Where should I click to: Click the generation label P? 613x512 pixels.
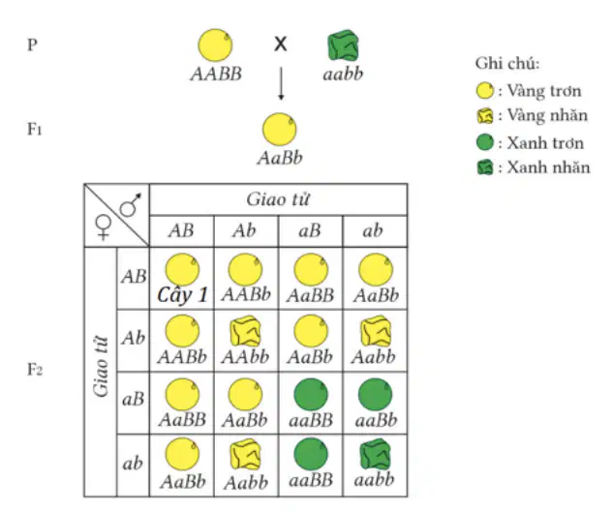coord(33,45)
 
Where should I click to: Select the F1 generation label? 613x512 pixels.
coord(35,129)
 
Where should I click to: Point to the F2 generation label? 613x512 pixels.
coord(35,370)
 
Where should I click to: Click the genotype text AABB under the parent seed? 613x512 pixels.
coord(216,74)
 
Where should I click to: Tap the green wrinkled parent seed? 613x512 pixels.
coord(343,45)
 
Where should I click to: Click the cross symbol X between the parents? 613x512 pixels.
coord(280,44)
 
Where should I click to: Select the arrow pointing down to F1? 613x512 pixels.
coord(281,83)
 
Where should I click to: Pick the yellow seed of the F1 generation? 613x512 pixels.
coord(279,130)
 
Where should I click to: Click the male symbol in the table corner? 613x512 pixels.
coord(131,204)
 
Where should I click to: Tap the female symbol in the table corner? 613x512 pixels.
coord(104,227)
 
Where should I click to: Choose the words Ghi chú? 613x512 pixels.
coord(507,64)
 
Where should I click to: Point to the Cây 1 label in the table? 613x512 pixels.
coord(182,295)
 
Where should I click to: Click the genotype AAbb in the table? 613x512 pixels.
coord(245,357)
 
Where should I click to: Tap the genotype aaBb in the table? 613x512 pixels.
coord(376,421)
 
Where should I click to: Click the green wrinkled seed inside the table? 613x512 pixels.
coord(375,454)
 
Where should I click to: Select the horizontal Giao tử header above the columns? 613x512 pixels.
coord(278,199)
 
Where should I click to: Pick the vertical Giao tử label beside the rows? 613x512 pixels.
coord(102,366)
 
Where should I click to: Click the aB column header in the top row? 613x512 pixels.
coord(310,230)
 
